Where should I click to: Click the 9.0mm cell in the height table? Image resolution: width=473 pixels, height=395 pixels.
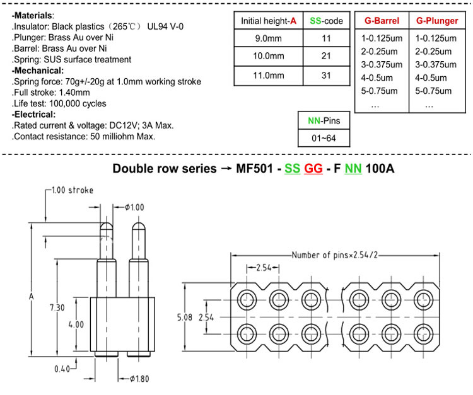pyautogui.click(x=268, y=38)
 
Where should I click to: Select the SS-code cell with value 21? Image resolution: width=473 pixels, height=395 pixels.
pyautogui.click(x=327, y=56)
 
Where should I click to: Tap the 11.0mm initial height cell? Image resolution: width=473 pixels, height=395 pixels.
pyautogui.click(x=268, y=76)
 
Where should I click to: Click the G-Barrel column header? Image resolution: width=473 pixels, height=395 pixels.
pyautogui.click(x=382, y=21)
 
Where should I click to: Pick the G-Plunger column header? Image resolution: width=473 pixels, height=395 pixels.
pyautogui.click(x=437, y=21)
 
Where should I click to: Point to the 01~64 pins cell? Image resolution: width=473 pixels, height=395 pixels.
pyautogui.click(x=324, y=139)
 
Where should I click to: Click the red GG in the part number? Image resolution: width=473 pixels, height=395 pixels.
pyautogui.click(x=313, y=168)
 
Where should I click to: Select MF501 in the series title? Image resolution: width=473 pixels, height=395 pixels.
pyautogui.click(x=255, y=168)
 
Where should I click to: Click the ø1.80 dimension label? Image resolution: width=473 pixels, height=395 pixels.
pyautogui.click(x=139, y=379)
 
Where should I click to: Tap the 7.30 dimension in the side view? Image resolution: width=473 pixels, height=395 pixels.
pyautogui.click(x=57, y=307)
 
